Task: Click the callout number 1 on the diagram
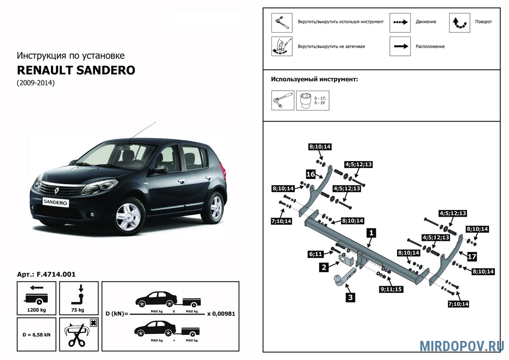pos(371,233)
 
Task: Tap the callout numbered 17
pos(472,256)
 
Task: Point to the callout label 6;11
pos(316,254)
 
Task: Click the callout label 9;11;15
pos(391,290)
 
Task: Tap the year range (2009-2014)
pos(36,83)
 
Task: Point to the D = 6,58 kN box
pos(36,334)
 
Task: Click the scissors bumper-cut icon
pos(79,334)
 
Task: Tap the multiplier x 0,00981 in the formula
pos(221,314)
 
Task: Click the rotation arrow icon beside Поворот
pos(460,22)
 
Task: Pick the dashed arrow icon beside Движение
pos(400,22)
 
